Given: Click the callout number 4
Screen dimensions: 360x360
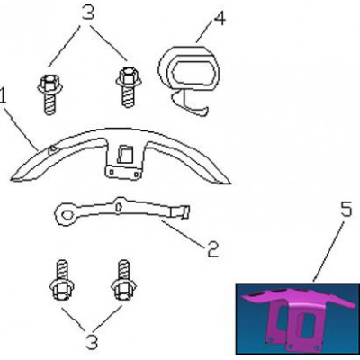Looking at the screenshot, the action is point(219,19).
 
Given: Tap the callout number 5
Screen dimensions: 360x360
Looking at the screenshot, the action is point(346,210).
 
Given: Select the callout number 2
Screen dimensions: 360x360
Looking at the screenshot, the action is point(212,249).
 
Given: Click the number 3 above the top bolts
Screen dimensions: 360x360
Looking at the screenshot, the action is point(88,13).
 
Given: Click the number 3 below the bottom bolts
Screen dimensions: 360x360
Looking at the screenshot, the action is point(92,342).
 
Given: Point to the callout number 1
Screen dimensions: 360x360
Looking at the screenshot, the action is point(3,96).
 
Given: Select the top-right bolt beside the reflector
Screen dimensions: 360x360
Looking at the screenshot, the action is point(129,87).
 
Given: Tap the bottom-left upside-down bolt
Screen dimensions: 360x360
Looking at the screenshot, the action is point(62,280).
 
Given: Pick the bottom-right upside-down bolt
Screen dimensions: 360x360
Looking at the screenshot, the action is point(124,280).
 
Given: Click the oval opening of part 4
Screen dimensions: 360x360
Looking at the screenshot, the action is point(192,71).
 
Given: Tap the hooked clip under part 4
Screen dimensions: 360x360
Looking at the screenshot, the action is point(188,104).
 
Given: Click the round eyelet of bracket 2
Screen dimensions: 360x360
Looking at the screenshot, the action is point(65,214).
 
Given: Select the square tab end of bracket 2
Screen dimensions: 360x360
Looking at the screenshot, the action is point(181,212).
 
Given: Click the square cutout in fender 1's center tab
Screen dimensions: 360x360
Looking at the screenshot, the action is point(125,155).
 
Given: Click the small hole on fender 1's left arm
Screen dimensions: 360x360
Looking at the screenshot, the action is point(53,149).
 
